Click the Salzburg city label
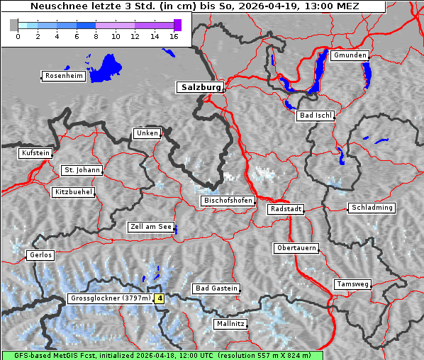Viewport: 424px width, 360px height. coord(200,88)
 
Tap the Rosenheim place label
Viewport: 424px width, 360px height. coord(63,76)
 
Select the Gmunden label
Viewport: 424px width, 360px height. coord(350,55)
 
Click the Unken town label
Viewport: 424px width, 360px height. coord(146,133)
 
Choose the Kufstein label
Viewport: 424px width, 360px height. coord(35,153)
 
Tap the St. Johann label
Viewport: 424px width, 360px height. coord(82,170)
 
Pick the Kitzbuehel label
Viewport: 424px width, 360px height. coord(73,192)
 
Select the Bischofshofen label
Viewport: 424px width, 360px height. coord(228,201)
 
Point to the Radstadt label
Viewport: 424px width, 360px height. coord(286,209)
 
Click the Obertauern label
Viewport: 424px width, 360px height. coord(296,248)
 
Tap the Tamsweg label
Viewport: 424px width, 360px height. coord(352,284)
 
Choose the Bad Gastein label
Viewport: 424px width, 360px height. coord(216,288)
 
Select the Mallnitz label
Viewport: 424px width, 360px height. coord(230,324)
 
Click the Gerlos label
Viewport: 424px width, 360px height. coord(40,255)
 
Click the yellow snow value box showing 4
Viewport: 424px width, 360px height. coord(160,299)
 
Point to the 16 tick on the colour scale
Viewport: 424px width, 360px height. coord(174,35)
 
